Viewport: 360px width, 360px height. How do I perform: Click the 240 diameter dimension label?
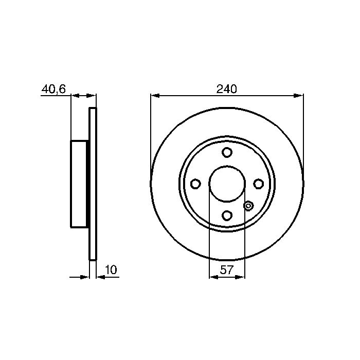coord(226,89)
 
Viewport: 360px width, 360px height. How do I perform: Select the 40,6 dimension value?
coord(53,89)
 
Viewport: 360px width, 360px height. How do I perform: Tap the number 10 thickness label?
coord(111,270)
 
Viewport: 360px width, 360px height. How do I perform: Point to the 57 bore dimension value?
coord(227,270)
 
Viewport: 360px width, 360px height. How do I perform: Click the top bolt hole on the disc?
coord(227,152)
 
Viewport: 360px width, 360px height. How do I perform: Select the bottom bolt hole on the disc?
coord(227,215)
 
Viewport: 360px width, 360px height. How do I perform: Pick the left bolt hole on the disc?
coord(195,184)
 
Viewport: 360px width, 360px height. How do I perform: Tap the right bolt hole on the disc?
coord(258,184)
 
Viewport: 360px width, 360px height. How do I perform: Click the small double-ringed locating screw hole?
coord(248,206)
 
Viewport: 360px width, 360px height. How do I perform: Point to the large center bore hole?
coord(227,184)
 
